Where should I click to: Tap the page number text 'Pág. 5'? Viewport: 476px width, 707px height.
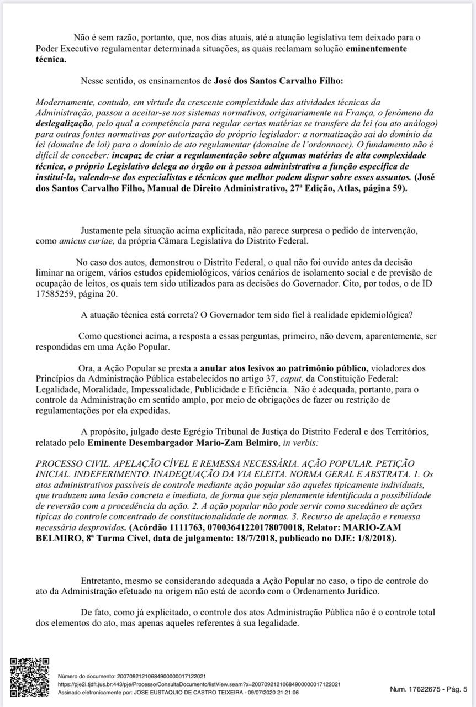(x=454, y=689)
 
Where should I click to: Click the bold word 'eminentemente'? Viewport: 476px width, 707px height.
(x=377, y=49)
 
